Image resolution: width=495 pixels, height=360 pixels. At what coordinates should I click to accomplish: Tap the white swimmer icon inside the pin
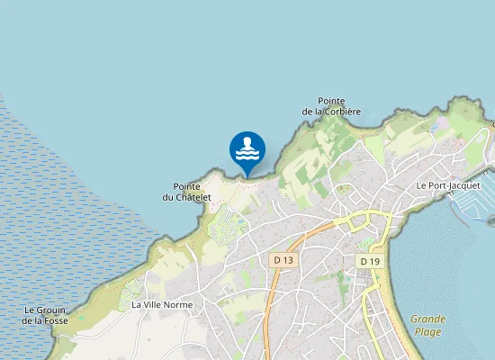coord(247,148)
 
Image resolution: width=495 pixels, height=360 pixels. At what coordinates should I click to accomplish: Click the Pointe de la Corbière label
coord(331,106)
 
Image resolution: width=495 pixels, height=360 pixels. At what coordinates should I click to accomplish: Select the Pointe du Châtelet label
coord(187,192)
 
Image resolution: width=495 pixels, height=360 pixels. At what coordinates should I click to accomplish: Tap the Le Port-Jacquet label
coord(448,185)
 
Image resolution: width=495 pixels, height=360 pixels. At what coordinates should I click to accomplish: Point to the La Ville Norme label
coord(162,305)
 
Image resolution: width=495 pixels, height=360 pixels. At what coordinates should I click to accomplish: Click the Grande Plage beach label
coord(427,325)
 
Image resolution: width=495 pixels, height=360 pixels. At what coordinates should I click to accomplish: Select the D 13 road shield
coord(283,260)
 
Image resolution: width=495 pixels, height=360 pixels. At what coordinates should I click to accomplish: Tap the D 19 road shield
coord(368,261)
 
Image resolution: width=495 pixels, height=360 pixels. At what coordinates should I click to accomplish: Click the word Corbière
coord(341,112)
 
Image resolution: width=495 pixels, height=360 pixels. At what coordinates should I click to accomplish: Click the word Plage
coord(427,331)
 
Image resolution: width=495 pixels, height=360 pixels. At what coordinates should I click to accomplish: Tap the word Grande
coord(427,319)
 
